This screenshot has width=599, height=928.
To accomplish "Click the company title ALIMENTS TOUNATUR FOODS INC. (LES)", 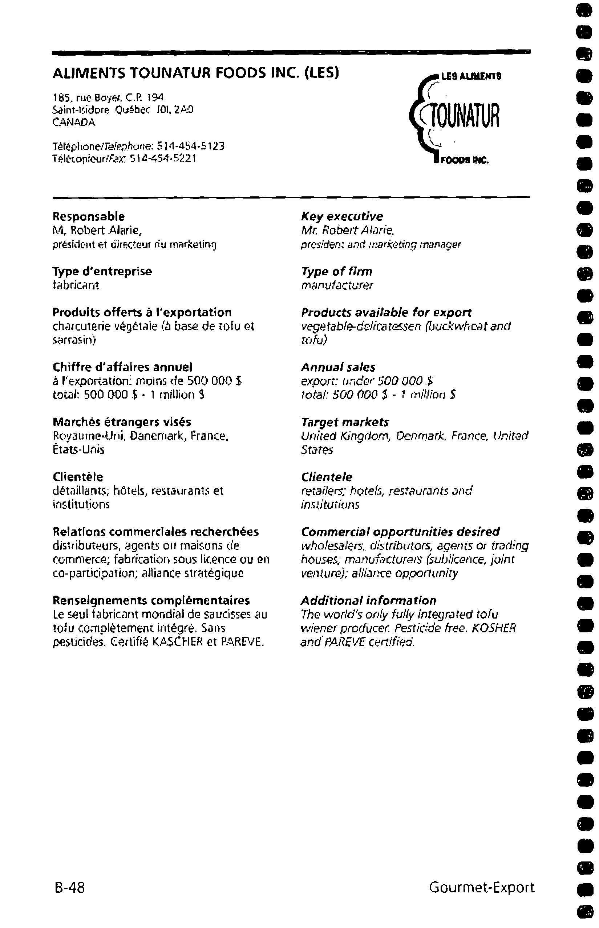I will click(196, 73).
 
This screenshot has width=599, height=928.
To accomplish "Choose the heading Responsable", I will click(89, 216).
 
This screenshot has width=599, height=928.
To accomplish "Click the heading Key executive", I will click(342, 216).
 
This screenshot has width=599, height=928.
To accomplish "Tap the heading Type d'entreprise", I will click(102, 271).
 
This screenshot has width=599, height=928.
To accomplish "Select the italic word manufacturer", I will click(337, 285).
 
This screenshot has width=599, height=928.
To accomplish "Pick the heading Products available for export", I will click(386, 312).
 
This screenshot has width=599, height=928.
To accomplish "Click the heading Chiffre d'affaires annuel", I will click(122, 367).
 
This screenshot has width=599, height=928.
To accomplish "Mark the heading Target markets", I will click(345, 422).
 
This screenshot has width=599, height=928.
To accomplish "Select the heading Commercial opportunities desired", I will click(400, 531).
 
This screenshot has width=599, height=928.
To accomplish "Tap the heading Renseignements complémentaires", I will click(151, 600).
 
